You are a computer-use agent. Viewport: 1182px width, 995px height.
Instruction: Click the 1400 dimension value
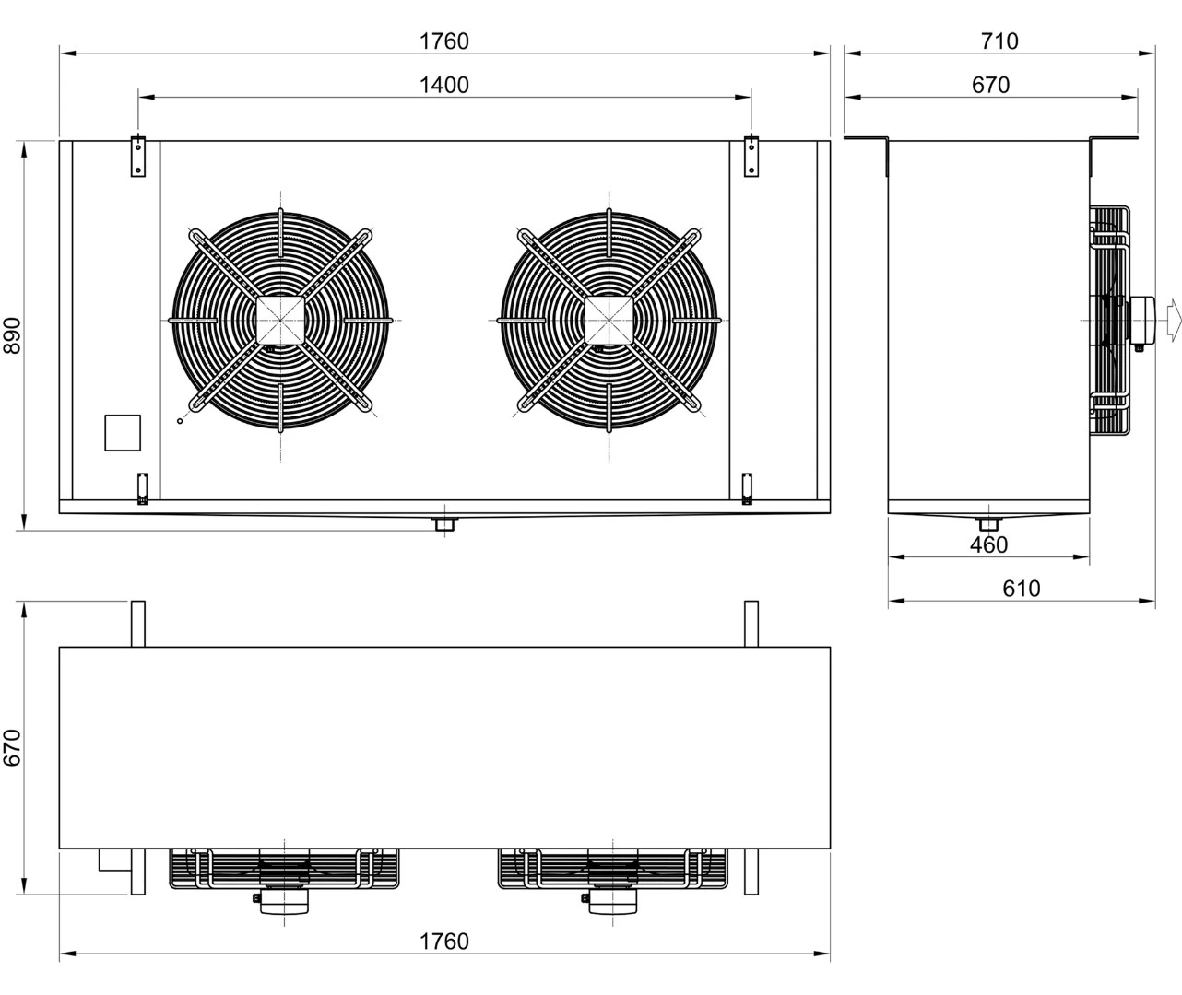(x=444, y=86)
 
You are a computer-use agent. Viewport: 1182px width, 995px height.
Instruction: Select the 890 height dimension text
(x=12, y=335)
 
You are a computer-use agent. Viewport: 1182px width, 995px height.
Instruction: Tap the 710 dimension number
(x=999, y=41)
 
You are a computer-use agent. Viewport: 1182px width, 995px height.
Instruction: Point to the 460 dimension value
(x=989, y=544)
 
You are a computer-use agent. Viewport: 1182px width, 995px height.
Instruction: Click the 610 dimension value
(x=1022, y=589)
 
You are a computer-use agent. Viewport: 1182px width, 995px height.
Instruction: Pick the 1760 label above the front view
(x=444, y=41)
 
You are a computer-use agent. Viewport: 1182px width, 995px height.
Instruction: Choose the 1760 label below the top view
(x=444, y=942)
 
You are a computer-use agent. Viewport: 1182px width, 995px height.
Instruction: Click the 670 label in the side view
(x=990, y=86)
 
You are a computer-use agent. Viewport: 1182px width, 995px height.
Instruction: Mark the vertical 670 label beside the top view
(x=12, y=748)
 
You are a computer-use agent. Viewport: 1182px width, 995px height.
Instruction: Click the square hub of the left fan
(x=280, y=321)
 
